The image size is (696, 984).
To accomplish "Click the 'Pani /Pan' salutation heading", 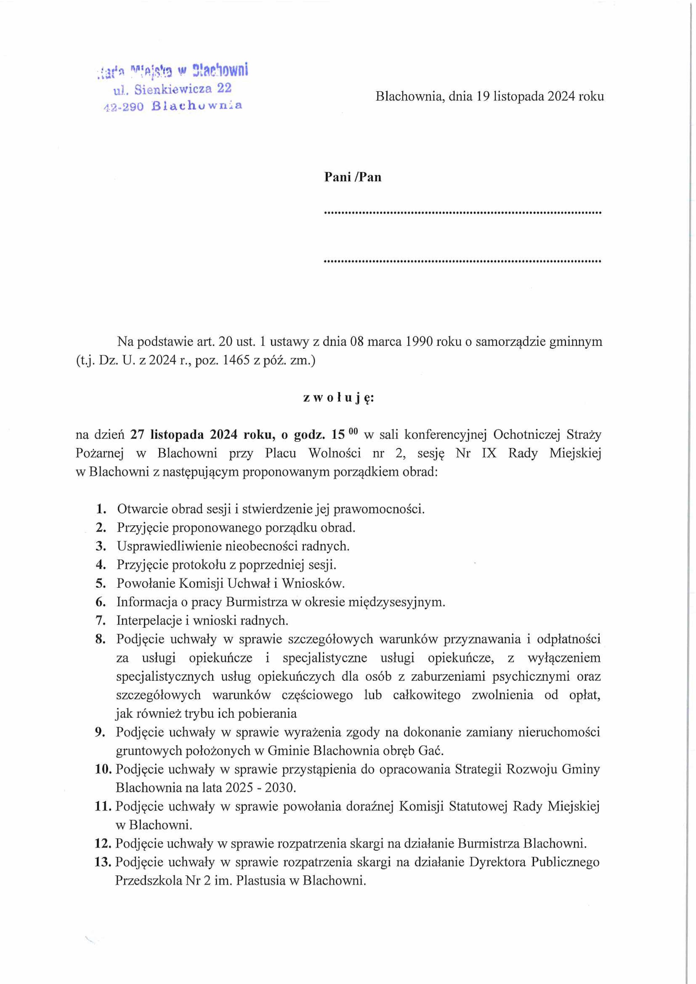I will [x=352, y=178].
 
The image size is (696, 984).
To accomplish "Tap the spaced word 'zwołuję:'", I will [x=338, y=398].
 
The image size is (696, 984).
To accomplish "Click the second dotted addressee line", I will [x=463, y=261].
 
